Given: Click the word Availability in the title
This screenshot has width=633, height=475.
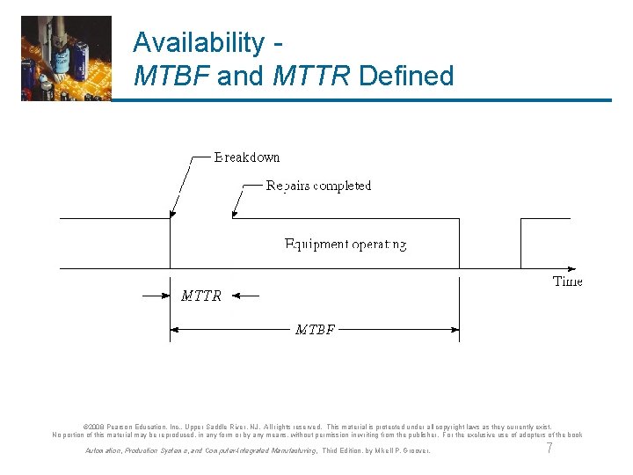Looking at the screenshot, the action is pyautogui.click(x=197, y=42).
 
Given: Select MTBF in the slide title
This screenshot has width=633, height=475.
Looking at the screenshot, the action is pyautogui.click(x=171, y=76).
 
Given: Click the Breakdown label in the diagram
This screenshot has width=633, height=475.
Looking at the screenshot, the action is pyautogui.click(x=247, y=157).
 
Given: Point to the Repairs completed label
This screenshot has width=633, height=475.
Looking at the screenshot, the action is pyautogui.click(x=318, y=186).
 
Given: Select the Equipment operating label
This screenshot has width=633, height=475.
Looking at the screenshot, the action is pyautogui.click(x=346, y=244).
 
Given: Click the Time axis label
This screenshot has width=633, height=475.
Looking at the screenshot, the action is pyautogui.click(x=567, y=281).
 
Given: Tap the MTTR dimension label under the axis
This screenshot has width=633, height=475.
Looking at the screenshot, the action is pyautogui.click(x=201, y=296).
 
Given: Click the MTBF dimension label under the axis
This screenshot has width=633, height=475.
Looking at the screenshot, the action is pyautogui.click(x=315, y=330).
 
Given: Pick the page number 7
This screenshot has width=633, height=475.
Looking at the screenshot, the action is pyautogui.click(x=549, y=449).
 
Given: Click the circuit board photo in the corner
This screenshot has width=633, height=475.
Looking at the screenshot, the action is pyautogui.click(x=66, y=58).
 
